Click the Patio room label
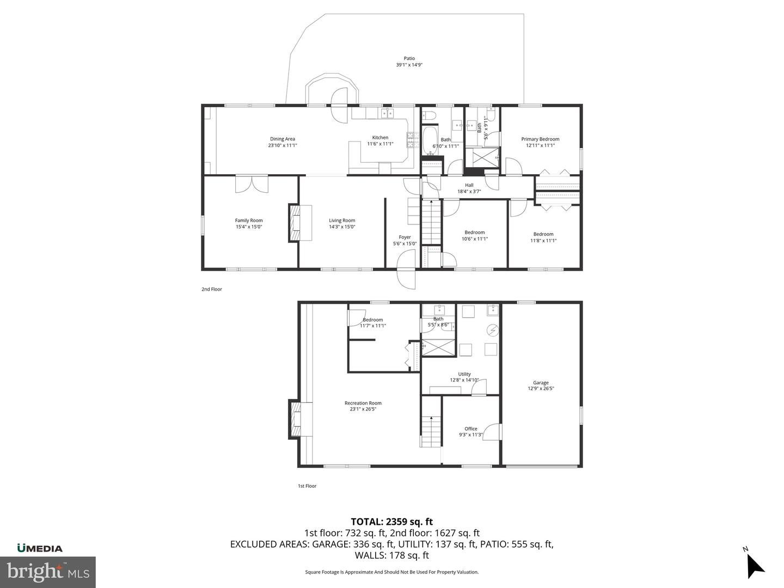click(x=409, y=58)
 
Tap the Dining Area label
click(x=283, y=139)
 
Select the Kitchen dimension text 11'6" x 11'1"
click(x=381, y=144)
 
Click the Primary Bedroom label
click(x=540, y=139)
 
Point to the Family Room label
click(x=249, y=220)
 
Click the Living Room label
click(x=342, y=220)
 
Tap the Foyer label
click(x=405, y=237)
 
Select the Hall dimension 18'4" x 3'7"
click(x=469, y=191)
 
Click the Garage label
click(x=541, y=382)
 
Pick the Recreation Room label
click(x=363, y=403)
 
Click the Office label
click(x=471, y=429)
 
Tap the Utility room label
click(x=464, y=374)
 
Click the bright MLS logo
click(x=48, y=572)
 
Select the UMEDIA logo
click(x=40, y=548)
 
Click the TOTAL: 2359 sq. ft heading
click(x=392, y=522)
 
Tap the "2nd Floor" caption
click(x=212, y=289)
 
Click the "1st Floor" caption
click(x=307, y=486)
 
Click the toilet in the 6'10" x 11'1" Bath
click(x=428, y=115)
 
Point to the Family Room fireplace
click(x=294, y=223)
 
